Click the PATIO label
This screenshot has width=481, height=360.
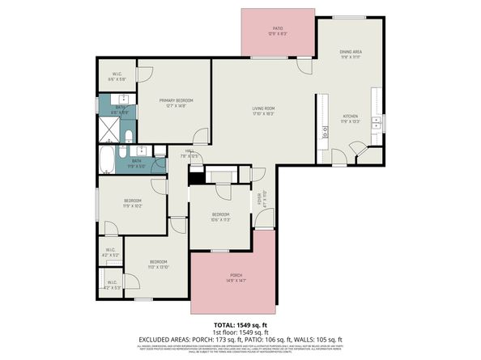[278, 29]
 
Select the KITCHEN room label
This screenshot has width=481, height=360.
[350, 116]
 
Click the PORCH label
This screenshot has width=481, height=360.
[236, 276]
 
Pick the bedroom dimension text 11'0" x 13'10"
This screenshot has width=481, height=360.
[158, 266]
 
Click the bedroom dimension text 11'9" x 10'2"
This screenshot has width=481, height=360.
[132, 205]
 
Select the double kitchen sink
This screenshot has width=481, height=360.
[376, 122]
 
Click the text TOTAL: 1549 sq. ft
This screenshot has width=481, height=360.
[240, 324]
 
